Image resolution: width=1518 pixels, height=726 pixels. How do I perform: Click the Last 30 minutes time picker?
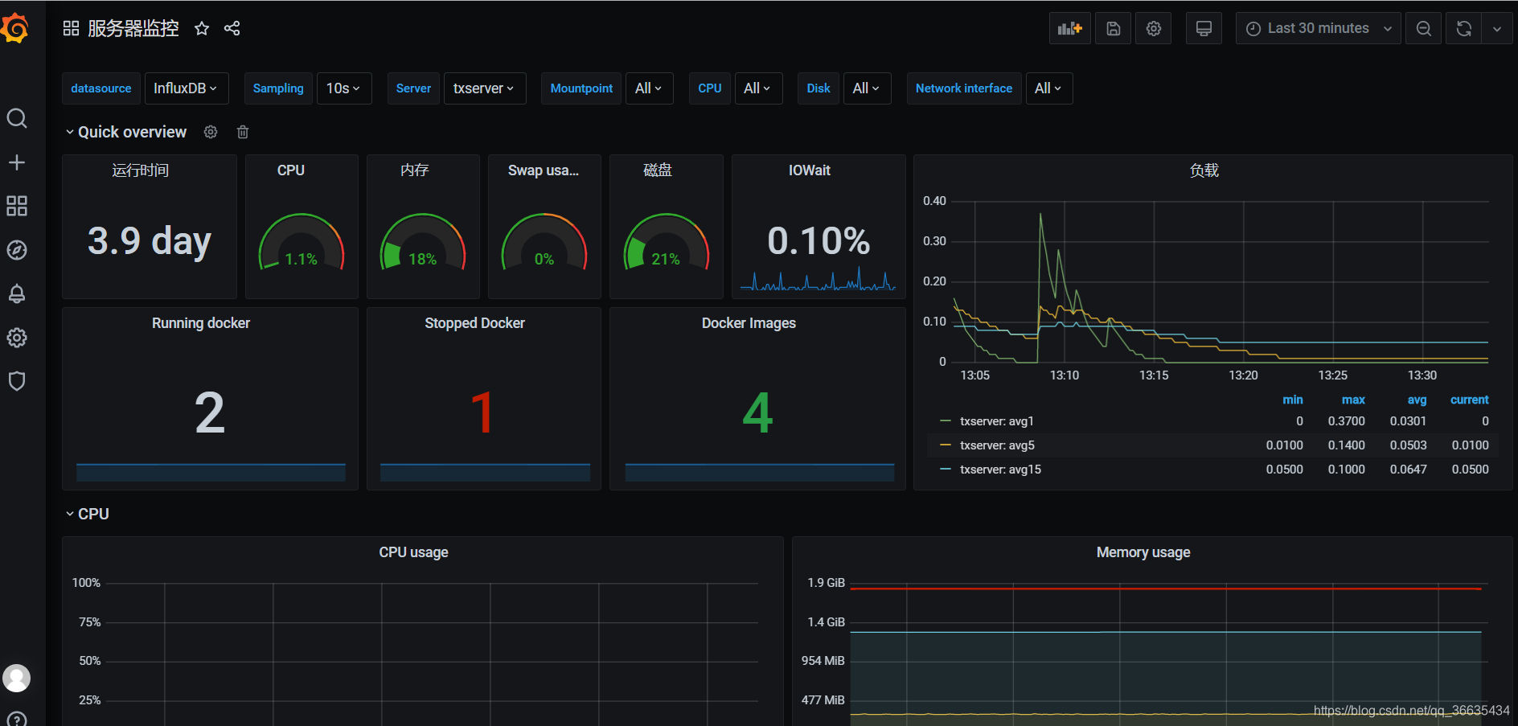[x=1318, y=28]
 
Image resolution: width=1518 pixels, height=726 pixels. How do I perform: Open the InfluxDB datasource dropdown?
[x=186, y=88]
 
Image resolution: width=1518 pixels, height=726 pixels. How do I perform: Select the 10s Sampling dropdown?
[x=343, y=88]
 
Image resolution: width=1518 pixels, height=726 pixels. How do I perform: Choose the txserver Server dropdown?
[x=484, y=88]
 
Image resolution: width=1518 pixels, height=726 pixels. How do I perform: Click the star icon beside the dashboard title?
[x=202, y=29]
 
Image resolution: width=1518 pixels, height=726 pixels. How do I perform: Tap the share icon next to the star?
[x=232, y=29]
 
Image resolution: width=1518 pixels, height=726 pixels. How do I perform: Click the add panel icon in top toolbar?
[x=1069, y=28]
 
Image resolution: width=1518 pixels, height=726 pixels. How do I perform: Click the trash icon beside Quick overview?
[x=243, y=132]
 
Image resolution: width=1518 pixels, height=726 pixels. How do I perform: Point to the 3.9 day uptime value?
[x=150, y=240]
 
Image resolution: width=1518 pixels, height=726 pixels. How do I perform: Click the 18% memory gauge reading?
[x=422, y=259]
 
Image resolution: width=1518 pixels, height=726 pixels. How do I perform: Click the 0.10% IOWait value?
[x=818, y=240]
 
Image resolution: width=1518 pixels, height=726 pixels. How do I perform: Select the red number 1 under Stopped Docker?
[x=482, y=413]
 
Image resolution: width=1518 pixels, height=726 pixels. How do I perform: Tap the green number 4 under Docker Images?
[x=757, y=413]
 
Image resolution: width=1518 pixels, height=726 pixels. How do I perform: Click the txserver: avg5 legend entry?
[x=997, y=445]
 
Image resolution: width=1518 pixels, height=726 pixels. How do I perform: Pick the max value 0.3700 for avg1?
[x=1346, y=421]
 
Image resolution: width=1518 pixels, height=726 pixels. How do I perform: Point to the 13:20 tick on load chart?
[x=1243, y=375]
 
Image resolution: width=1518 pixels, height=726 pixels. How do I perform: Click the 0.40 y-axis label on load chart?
[x=934, y=201]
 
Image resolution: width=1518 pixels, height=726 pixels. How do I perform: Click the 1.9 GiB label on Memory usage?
[x=826, y=583]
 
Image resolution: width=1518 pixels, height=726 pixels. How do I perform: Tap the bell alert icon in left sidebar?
[x=17, y=293]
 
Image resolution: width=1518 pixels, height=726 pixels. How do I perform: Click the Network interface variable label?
[x=963, y=88]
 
